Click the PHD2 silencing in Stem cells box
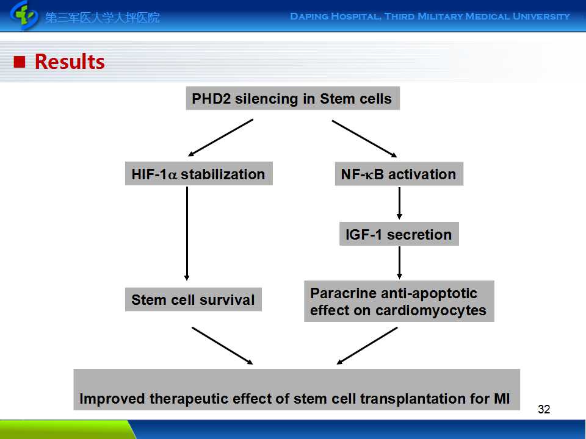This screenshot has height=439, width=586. pos(292,99)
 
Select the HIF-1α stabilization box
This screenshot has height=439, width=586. pos(198,174)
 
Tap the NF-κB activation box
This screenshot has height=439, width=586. pos(399,174)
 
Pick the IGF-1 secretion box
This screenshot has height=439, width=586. pos(399,235)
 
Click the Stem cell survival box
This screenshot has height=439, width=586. pos(193,300)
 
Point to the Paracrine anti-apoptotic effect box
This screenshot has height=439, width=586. pos(399,301)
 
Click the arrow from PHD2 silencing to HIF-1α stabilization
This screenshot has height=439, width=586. pos(221,137)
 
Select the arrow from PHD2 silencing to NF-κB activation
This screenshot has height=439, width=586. pos(364,138)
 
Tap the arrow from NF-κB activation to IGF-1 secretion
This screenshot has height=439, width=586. pos(399,203)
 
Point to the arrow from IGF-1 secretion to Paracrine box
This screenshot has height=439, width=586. pos(399,262)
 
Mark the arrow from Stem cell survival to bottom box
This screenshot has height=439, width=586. pos(222,346)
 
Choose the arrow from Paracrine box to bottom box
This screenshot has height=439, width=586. pos(367,346)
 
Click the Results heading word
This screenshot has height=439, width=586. pos(70,62)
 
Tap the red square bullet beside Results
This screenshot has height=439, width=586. pos(20,62)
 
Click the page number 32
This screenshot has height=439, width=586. pos(544,409)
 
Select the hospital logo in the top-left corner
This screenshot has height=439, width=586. pos(24,15)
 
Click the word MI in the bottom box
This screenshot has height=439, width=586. pos(501,399)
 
